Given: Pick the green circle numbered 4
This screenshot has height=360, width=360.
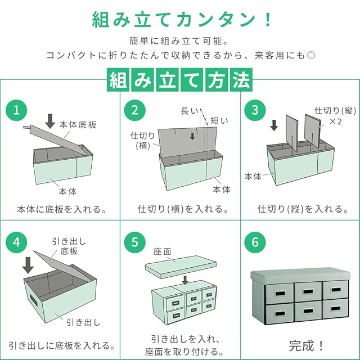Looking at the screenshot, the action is pyautogui.click(x=18, y=243).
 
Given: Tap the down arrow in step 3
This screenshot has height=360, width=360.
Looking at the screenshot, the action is pyautogui.click(x=274, y=124).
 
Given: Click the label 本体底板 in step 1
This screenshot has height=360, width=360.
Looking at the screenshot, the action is pyautogui.click(x=78, y=125).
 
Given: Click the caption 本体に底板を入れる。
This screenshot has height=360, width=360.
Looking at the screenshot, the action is pyautogui.click(x=61, y=209).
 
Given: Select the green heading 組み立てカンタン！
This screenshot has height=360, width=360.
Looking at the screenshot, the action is pyautogui.click(x=180, y=19).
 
